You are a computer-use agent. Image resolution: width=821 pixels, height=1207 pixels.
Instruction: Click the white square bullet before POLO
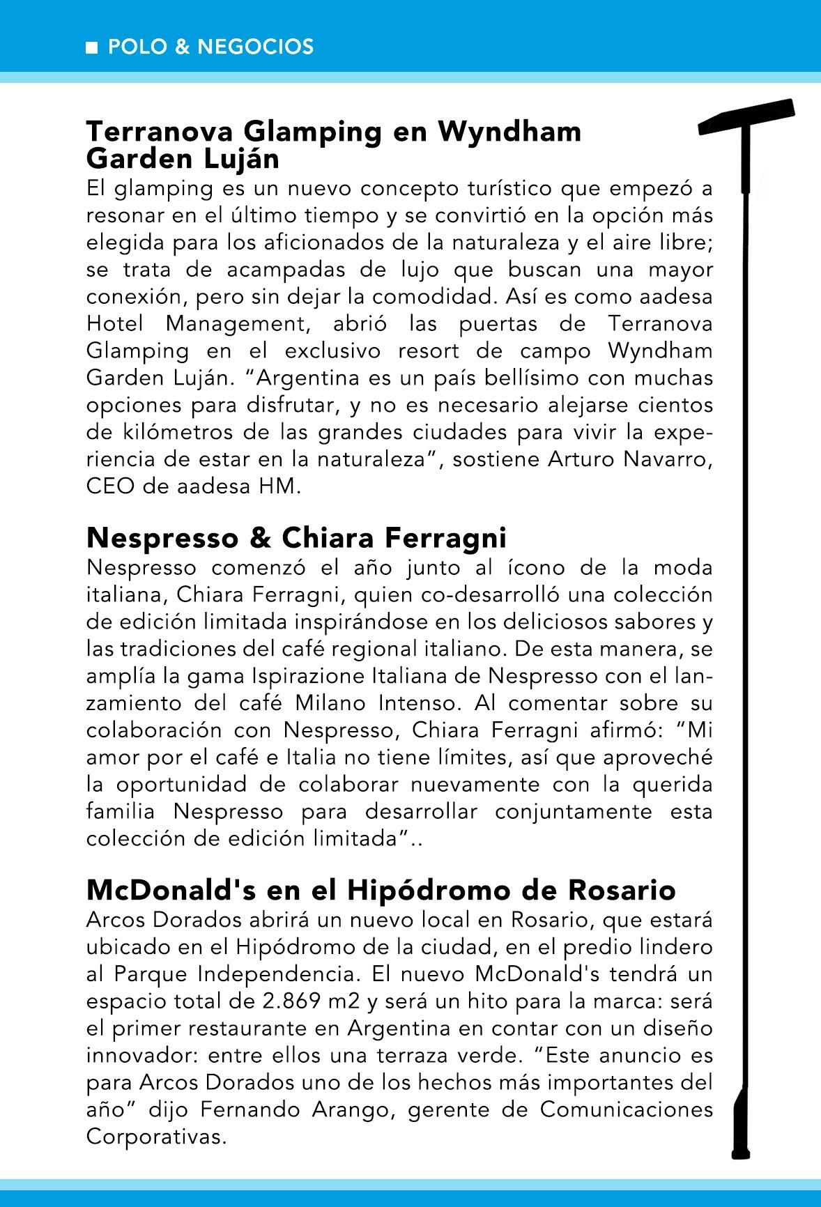(91, 48)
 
